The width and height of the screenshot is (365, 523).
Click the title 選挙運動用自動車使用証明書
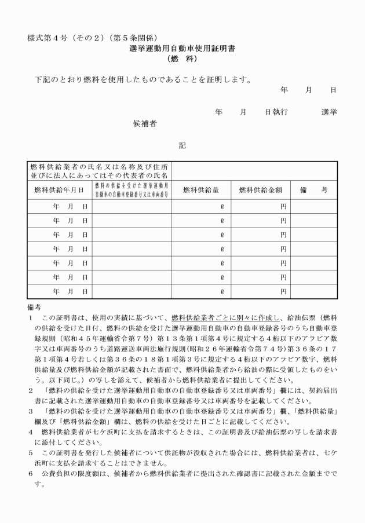tap(182, 49)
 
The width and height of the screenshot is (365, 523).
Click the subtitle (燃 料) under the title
tap(182, 59)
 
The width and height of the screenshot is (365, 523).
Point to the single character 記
tap(182, 145)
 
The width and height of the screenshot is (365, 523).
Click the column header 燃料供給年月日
tap(59, 189)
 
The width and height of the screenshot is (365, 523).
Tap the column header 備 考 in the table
tap(313, 189)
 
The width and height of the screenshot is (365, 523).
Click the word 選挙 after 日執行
tap(329, 112)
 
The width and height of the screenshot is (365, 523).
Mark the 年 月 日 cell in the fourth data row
tap(70, 249)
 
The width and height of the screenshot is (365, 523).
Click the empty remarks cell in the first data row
tap(313, 206)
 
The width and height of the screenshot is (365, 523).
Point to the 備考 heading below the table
tap(34, 306)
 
